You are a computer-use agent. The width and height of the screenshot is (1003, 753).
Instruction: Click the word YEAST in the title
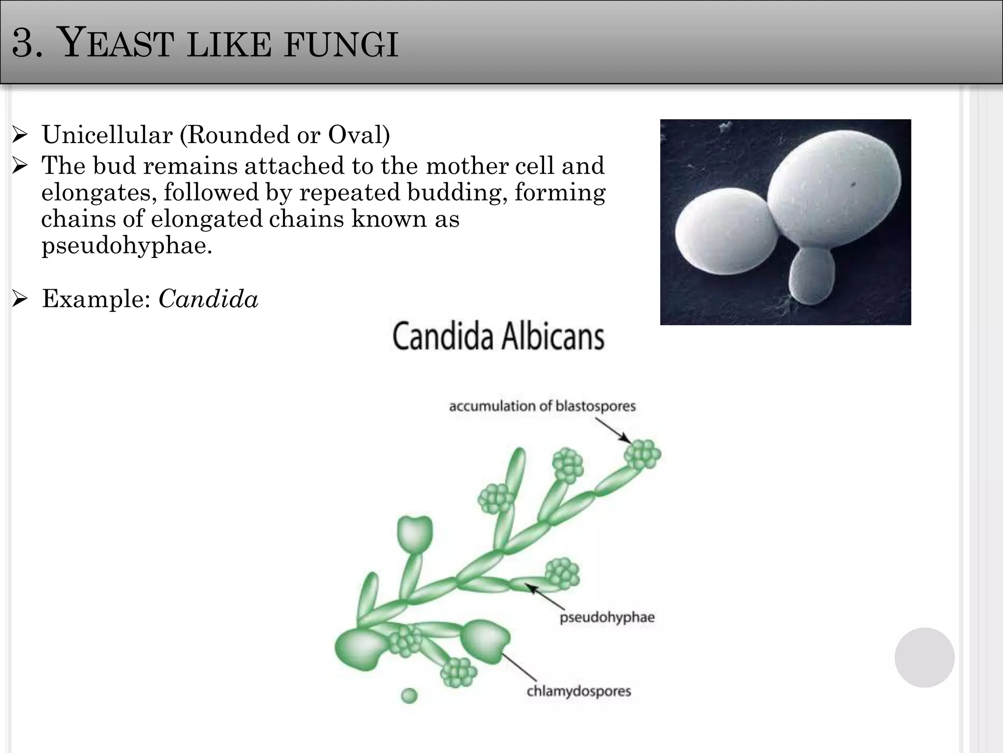[x=117, y=43]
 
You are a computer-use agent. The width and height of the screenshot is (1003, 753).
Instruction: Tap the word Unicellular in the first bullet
[x=107, y=135]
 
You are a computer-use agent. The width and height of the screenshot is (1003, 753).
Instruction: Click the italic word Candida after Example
[x=208, y=299]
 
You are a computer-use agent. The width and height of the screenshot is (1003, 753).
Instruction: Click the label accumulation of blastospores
[x=542, y=406]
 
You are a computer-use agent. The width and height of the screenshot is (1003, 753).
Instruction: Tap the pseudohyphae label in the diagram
[x=607, y=617]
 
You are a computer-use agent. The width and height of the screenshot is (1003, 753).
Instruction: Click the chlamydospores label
[x=578, y=691]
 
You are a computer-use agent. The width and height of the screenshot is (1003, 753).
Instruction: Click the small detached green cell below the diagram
[x=409, y=695]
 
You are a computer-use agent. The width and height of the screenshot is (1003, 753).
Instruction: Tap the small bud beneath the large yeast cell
[x=812, y=275]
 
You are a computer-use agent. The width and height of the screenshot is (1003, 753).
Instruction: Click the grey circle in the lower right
[x=924, y=657]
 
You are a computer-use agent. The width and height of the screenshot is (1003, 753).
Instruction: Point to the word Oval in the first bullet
[x=355, y=135]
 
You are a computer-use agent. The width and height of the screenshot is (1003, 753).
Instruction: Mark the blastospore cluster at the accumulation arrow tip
[x=642, y=454]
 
